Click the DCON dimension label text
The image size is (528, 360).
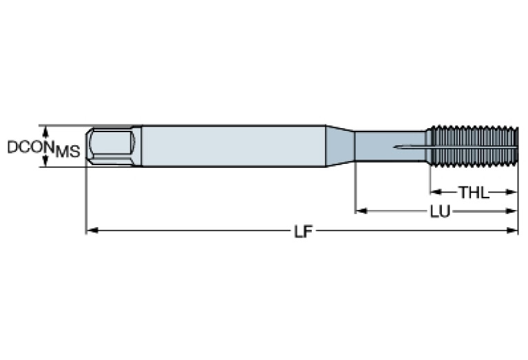coord(31,147)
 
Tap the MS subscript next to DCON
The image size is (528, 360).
coord(67,152)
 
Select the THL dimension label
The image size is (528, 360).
coord(474,193)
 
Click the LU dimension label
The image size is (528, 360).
coord(441,212)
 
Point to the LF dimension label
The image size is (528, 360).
coord(302,231)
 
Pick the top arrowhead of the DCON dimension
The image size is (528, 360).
coord(46,130)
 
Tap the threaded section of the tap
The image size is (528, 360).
coord(472,146)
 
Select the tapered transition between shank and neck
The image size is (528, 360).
coord(340,146)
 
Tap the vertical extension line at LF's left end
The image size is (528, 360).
coord(86,200)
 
